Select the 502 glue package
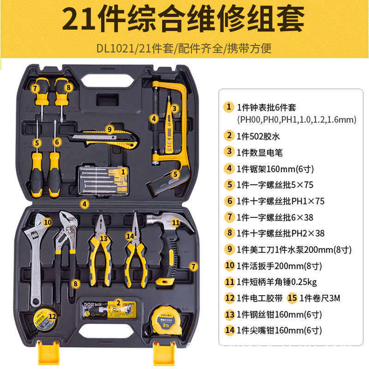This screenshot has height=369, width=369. pos(109,309)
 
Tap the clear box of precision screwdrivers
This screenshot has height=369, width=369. pos(104,181)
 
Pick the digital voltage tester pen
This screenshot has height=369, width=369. pos(169,125)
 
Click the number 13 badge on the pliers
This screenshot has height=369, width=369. pos(103,238)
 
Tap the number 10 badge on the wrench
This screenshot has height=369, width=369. pos(48,222)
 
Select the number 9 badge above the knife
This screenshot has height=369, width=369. pos(109,129)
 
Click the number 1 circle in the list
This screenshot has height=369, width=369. pos(228,107)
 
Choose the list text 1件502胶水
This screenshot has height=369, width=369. pos(258,136)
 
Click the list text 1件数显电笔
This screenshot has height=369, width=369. pos(260,153)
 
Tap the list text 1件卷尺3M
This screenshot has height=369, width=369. pos(320,298)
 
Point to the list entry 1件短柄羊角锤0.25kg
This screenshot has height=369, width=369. pos(277,282)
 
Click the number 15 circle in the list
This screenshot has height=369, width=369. pos(292,298)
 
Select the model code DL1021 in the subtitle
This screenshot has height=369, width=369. pos(115,48)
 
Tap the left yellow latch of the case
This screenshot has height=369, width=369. pos(49,353)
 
